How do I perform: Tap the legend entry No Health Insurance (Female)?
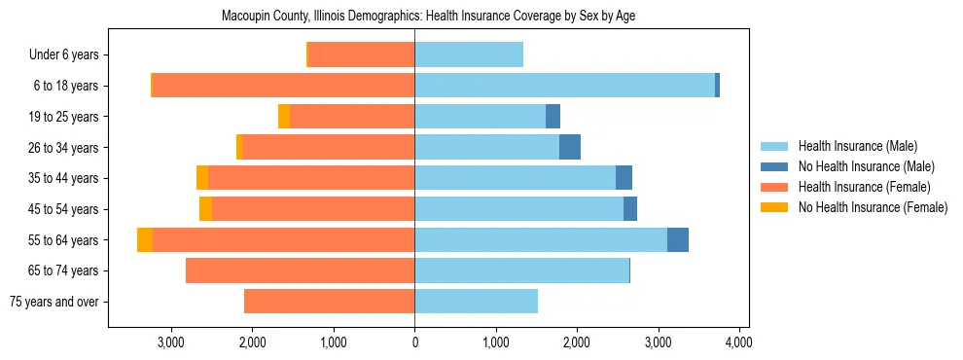873,207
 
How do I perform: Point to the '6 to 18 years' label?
66,86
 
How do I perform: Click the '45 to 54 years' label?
64,209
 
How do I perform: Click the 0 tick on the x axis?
414,342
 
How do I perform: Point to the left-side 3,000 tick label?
171,342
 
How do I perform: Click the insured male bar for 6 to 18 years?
564,86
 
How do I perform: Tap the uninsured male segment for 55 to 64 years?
678,240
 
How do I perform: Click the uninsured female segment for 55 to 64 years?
145,240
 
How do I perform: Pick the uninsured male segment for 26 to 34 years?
570,148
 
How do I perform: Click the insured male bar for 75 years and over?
476,302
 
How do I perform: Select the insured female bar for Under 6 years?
361,55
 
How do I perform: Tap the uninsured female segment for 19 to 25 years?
284,117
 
